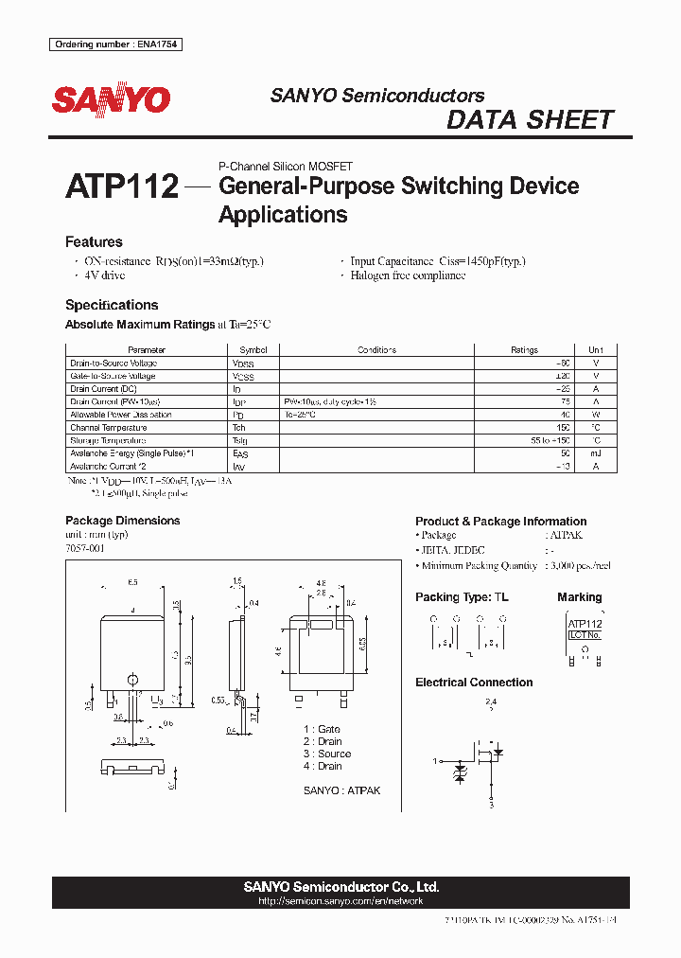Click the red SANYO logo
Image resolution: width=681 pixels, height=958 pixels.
pos(111,99)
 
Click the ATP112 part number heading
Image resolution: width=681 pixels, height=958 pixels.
pos(122,186)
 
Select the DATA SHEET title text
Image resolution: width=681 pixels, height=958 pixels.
pos(530,120)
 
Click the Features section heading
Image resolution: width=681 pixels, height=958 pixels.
pos(94,242)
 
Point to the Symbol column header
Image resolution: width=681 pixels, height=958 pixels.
pos(253,350)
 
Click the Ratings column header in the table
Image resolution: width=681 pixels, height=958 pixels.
pos(524,350)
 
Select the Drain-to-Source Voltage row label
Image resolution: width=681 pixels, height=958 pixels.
pos(113,364)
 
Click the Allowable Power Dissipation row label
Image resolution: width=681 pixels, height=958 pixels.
pos(121,415)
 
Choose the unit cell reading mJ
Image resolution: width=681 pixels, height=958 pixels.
pos(596,453)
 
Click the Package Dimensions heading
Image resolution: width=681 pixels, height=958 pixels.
pos(122,521)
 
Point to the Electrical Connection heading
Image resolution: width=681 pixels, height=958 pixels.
pos(474,683)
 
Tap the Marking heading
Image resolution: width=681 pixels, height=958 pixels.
pos(579,597)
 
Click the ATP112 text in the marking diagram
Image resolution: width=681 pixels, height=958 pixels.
pos(585,625)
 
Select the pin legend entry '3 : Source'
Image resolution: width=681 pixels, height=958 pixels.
pos(327,754)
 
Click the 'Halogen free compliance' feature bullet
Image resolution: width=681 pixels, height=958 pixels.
pos(408,275)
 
